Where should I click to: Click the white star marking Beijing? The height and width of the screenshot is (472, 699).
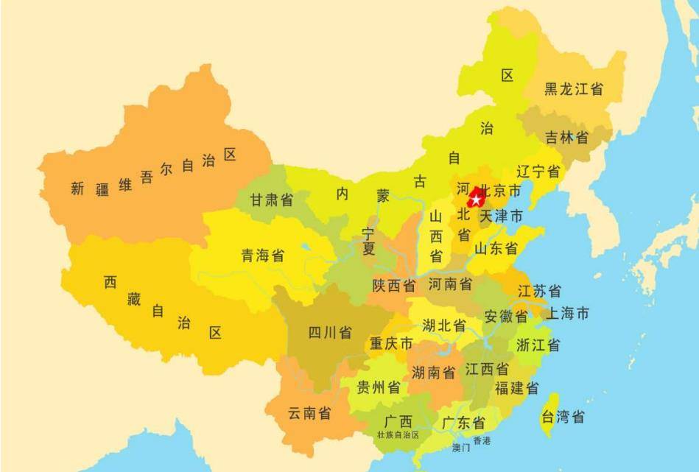476,200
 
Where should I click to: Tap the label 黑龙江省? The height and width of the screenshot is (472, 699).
574,89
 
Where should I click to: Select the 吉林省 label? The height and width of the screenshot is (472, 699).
566,137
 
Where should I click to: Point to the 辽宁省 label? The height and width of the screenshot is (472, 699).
538,172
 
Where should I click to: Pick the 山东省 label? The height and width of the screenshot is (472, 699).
496,248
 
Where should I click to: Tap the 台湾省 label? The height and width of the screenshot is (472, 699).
563,418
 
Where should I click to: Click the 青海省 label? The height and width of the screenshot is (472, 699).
263,256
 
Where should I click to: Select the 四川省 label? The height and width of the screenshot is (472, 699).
329,332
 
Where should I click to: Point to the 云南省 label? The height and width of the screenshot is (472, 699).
309,413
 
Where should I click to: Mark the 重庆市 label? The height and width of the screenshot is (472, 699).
391,344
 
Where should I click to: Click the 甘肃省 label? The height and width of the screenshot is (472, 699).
271,200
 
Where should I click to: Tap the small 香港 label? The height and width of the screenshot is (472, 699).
481,440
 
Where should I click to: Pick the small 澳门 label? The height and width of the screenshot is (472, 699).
461,447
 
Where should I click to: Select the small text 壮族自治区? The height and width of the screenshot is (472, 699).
398,435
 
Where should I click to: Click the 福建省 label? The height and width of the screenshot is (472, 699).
516,388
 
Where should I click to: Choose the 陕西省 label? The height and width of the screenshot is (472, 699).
393,285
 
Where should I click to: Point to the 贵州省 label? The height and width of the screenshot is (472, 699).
379,387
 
